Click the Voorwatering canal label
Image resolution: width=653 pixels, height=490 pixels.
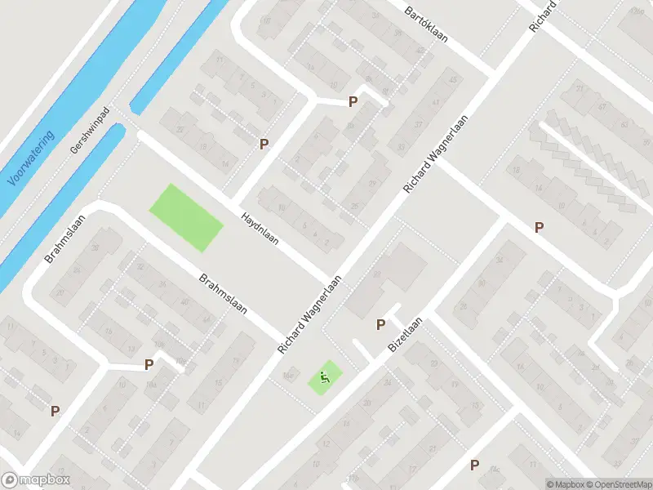pos(30,158)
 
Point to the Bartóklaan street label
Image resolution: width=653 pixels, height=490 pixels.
pos(431,24)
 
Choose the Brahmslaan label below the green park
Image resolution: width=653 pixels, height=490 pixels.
pos(223,299)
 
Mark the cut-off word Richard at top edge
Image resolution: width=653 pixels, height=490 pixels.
pos(543,15)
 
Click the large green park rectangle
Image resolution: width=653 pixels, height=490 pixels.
pos(185,217)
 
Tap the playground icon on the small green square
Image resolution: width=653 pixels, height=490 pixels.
pos(324,377)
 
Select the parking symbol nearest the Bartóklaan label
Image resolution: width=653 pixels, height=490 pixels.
pos(353,101)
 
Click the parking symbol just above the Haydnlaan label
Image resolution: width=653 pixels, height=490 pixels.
pos(264,144)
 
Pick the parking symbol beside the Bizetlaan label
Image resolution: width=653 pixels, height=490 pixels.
pos(380,324)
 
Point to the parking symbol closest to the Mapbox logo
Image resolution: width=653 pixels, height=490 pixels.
pos(55,412)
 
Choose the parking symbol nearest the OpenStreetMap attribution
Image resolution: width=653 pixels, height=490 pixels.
pos(474,465)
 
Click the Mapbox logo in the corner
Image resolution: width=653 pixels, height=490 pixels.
pos(36,480)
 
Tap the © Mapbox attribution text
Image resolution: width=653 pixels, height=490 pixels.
pos(565,483)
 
